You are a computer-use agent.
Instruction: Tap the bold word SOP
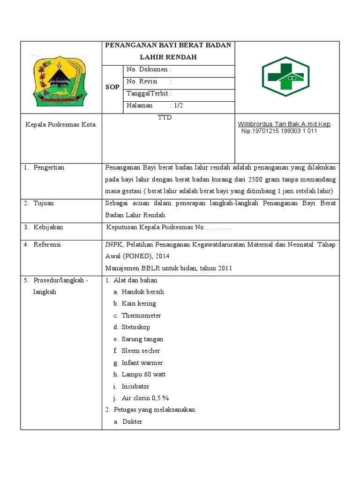[112, 87]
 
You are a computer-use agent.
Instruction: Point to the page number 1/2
[177, 106]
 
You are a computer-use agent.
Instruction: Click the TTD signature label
[165, 117]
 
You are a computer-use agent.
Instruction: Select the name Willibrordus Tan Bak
[265, 124]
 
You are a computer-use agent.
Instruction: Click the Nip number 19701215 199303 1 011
[279, 131]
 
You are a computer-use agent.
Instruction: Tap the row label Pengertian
[49, 168]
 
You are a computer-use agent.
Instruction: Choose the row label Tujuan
[44, 203]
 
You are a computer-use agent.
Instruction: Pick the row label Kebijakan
[48, 227]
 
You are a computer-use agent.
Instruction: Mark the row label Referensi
[47, 245]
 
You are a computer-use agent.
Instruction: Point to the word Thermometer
[141, 315]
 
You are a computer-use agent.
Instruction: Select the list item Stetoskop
[136, 327]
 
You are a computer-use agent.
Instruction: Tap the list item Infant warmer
[142, 363]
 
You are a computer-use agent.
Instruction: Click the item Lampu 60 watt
[143, 375]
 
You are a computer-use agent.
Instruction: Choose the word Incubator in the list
[135, 386]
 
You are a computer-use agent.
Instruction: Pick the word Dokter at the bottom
[133, 422]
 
